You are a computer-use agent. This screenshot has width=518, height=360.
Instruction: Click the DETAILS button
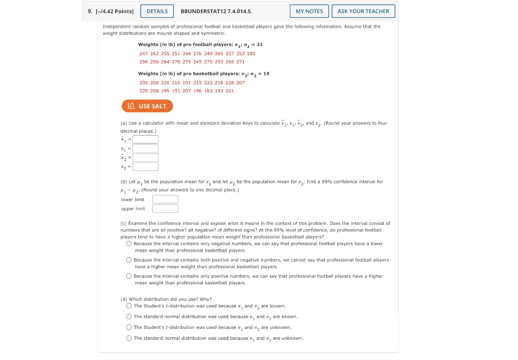click(157, 11)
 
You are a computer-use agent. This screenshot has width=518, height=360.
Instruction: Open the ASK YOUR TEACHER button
click(363, 11)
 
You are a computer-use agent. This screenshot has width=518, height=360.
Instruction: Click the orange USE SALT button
click(147, 106)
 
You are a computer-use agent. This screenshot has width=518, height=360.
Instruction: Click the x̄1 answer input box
click(145, 139)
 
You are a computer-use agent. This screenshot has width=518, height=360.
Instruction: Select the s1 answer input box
click(145, 148)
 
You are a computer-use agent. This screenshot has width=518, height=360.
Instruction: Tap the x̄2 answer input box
click(145, 158)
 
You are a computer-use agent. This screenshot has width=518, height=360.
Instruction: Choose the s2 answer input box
click(145, 167)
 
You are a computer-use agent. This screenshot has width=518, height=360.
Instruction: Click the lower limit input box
click(165, 200)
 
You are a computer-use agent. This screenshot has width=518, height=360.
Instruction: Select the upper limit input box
click(165, 208)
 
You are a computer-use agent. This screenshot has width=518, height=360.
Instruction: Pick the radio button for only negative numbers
click(129, 244)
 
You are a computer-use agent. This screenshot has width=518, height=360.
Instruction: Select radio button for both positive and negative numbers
click(129, 260)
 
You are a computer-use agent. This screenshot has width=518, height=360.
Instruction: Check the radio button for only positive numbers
click(129, 276)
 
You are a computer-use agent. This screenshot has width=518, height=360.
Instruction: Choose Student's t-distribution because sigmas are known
click(129, 306)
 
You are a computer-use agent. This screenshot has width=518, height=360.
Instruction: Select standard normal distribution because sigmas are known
click(129, 317)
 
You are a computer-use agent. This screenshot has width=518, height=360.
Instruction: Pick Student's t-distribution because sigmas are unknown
click(129, 328)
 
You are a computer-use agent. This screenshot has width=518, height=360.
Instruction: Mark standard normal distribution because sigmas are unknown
click(129, 338)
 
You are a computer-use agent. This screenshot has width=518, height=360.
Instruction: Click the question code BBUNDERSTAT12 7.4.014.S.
click(219, 11)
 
